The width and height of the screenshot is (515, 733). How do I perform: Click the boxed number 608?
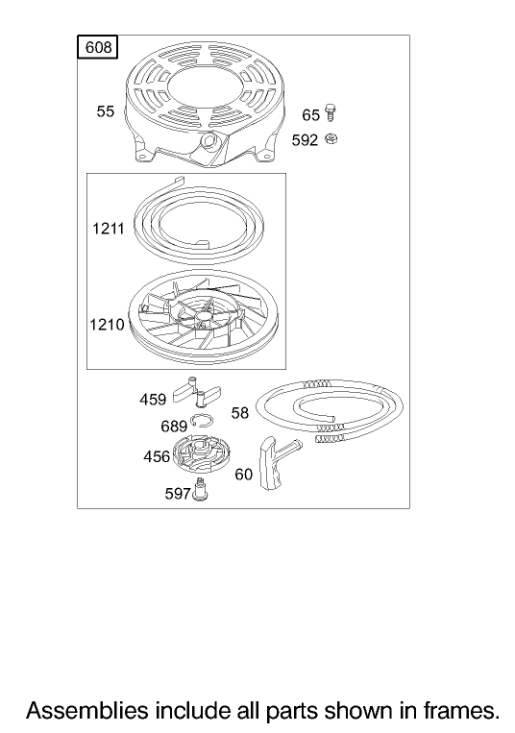[x=97, y=47]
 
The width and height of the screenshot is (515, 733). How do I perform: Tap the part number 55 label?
[x=105, y=111]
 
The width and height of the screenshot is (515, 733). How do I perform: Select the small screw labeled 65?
[x=331, y=112]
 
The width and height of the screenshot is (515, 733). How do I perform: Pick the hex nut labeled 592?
[x=331, y=138]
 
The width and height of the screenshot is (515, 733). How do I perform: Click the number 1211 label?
[x=108, y=229]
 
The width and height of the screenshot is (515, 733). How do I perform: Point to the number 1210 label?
[x=107, y=325]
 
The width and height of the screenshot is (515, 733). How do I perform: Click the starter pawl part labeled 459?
[x=197, y=392]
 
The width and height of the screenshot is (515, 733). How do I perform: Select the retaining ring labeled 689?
[x=202, y=421]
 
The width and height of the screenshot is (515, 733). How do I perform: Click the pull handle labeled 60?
[x=276, y=462]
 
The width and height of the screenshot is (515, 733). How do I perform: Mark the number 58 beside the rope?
[x=240, y=413]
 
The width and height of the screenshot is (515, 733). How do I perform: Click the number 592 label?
[x=305, y=140]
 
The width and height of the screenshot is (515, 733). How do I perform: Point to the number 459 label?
[x=153, y=400]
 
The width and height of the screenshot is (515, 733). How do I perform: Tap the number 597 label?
[x=178, y=494]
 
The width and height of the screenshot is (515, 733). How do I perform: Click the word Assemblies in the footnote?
[x=86, y=711]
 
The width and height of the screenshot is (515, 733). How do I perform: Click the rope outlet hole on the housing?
[x=208, y=139]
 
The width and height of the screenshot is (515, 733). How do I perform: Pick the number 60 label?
[x=243, y=475]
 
